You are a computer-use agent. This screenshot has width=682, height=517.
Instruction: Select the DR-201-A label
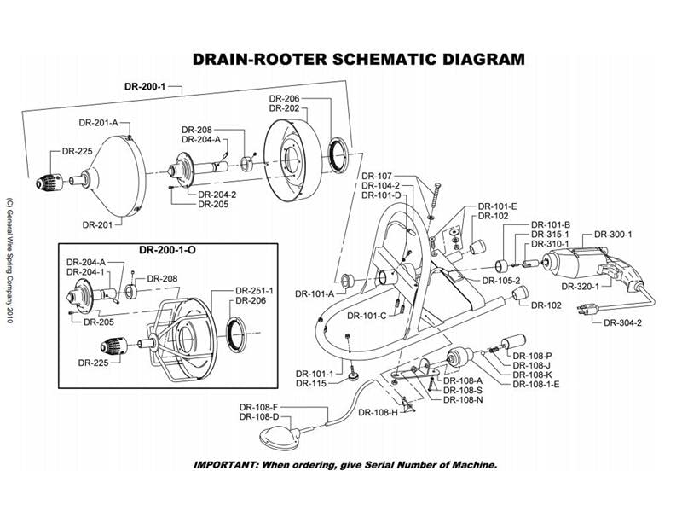click(x=99, y=123)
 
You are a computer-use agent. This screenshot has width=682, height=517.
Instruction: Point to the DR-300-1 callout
click(x=614, y=234)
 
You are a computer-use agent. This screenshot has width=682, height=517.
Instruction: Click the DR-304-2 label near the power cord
click(x=622, y=322)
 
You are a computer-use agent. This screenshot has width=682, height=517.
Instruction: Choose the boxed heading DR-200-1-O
click(x=168, y=250)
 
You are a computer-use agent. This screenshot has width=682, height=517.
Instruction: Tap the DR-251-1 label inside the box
click(x=253, y=291)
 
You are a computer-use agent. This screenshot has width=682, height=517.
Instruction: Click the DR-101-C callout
click(x=367, y=315)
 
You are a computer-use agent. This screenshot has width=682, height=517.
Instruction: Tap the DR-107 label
click(x=377, y=177)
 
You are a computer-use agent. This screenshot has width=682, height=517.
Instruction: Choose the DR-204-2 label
click(x=217, y=195)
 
